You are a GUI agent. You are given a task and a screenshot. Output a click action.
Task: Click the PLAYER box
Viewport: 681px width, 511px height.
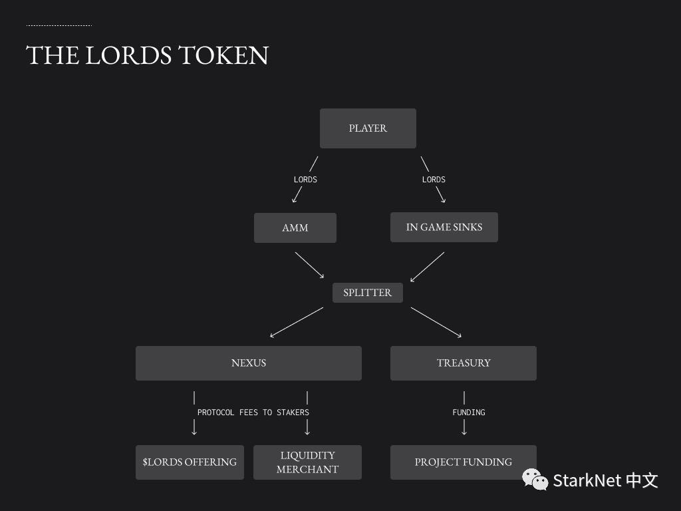pyautogui.click(x=368, y=128)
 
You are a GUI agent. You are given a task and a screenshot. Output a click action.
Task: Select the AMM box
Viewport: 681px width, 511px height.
pyautogui.click(x=295, y=228)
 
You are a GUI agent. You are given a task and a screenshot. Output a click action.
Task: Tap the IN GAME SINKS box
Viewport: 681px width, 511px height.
pyautogui.click(x=444, y=227)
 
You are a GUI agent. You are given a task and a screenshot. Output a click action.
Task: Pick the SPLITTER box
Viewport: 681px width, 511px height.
pyautogui.click(x=367, y=293)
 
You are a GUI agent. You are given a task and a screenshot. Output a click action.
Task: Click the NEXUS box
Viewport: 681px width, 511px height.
pyautogui.click(x=248, y=363)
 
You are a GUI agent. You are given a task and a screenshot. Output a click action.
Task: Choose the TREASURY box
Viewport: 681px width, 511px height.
pyautogui.click(x=463, y=363)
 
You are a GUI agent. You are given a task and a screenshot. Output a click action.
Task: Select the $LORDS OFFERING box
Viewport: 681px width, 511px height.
pyautogui.click(x=190, y=462)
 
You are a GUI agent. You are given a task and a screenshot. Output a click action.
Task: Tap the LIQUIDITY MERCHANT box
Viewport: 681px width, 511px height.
pyautogui.click(x=307, y=462)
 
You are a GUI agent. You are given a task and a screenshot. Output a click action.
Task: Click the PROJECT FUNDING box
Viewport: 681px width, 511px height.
pyautogui.click(x=463, y=462)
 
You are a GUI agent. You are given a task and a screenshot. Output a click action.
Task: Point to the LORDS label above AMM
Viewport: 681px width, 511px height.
pyautogui.click(x=305, y=180)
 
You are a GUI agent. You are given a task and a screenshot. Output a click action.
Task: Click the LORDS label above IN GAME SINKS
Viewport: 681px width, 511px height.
pyautogui.click(x=434, y=180)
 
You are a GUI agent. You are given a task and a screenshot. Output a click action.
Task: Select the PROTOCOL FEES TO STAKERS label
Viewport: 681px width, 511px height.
pyautogui.click(x=253, y=413)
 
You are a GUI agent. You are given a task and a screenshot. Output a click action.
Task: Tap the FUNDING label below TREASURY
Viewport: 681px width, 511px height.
pyautogui.click(x=469, y=413)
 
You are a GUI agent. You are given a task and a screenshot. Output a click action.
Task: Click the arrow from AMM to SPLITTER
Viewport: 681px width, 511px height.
pyautogui.click(x=309, y=265)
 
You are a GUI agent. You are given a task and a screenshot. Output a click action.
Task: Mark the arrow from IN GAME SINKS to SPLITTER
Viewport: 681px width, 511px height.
pyautogui.click(x=427, y=267)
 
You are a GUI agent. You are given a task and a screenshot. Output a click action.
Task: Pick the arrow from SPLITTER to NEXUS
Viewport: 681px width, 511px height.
pyautogui.click(x=296, y=322)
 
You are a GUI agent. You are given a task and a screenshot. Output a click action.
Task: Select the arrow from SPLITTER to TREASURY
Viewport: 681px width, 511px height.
pyautogui.click(x=436, y=322)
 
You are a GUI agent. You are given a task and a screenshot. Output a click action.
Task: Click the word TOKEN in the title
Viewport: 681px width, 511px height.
pyautogui.click(x=223, y=55)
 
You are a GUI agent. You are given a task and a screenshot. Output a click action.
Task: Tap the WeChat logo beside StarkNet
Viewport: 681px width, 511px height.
pyautogui.click(x=535, y=478)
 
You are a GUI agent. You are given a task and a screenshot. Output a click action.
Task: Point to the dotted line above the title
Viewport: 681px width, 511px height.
pyautogui.click(x=59, y=26)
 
